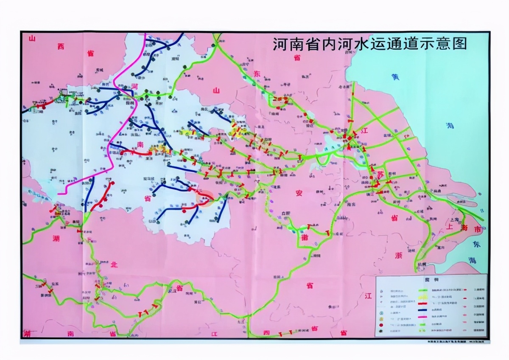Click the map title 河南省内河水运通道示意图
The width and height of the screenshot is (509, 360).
369,44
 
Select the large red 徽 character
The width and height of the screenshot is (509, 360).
304,237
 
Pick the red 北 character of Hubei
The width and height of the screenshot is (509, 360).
114,264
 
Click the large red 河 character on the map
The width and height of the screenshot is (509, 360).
135,86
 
